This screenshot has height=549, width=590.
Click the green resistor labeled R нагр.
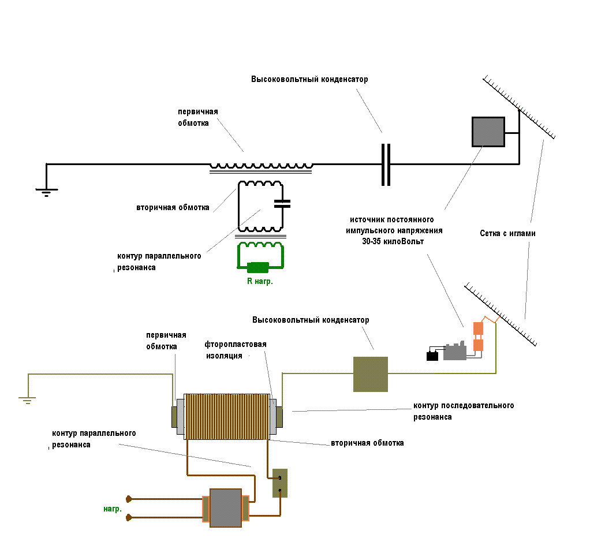click(258, 267)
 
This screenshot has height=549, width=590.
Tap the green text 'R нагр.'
click(257, 282)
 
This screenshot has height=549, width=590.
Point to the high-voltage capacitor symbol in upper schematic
click(386, 165)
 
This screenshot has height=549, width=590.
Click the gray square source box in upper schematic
click(488, 132)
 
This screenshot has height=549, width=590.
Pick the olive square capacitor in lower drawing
click(370, 374)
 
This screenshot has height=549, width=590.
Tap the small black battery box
click(432, 356)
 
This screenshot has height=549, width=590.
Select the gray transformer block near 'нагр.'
click(225, 508)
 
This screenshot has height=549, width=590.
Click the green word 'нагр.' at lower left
click(113, 509)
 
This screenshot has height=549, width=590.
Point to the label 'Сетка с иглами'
click(507, 234)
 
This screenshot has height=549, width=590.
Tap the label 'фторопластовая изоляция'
click(236, 350)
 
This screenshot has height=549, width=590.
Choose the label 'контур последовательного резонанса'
click(464, 410)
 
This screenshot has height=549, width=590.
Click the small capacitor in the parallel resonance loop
click(282, 203)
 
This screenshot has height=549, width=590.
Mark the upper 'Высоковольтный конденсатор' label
click(309, 79)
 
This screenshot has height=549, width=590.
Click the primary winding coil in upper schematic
click(261, 166)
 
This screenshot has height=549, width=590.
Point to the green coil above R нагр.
click(261, 247)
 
